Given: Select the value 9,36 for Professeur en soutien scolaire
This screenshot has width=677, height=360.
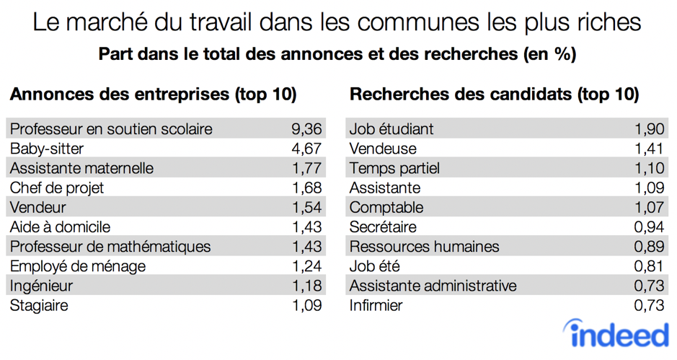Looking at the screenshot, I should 306,129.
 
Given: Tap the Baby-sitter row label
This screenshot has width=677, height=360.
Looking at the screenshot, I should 47,149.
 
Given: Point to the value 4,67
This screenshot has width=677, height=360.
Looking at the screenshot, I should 306,149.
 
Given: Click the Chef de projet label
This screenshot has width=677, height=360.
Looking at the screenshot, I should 57,188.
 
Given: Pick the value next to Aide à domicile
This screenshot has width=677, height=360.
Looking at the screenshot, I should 306,227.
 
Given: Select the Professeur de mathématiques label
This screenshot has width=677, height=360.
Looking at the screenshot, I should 110,247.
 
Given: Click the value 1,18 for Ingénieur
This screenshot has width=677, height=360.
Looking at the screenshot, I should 306,286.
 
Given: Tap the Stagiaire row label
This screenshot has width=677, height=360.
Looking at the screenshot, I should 39,305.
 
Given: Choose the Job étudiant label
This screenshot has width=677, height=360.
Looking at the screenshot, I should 391,129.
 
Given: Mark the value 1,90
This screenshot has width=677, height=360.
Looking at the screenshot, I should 649,129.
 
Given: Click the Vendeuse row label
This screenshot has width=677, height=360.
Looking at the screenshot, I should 383,149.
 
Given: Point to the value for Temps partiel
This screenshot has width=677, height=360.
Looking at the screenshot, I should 649,168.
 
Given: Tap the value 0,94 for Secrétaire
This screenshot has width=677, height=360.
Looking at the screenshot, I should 649,227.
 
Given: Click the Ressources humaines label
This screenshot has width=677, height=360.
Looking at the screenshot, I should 424,247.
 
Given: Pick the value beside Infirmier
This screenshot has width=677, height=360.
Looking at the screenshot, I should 649,305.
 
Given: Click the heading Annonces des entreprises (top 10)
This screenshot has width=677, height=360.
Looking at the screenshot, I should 153,94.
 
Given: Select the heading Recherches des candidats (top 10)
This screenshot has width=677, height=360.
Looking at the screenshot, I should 494,94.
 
